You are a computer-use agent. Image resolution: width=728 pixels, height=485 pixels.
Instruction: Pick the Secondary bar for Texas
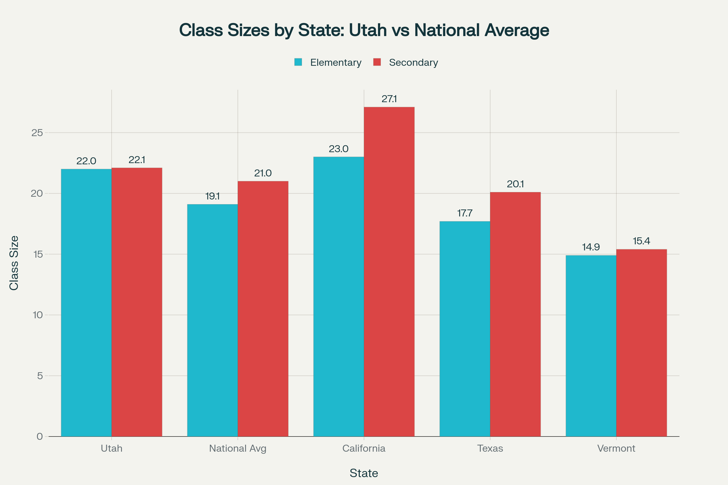click(515, 314)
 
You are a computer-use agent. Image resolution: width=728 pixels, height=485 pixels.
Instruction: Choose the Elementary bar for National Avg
click(212, 320)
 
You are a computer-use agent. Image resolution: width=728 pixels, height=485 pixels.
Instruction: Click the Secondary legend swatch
click(377, 62)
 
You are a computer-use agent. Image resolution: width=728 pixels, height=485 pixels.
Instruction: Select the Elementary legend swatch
click(298, 62)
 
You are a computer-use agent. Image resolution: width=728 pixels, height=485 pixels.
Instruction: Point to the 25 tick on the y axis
click(37, 133)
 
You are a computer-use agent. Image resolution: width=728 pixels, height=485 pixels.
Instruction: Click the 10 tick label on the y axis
click(37, 315)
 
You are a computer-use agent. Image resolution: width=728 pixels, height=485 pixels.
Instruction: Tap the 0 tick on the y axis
click(40, 436)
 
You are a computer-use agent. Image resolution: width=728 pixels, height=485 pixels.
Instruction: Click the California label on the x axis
click(364, 448)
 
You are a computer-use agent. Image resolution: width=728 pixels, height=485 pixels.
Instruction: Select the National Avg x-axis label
click(238, 448)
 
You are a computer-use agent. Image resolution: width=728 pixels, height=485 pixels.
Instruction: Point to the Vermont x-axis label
click(616, 448)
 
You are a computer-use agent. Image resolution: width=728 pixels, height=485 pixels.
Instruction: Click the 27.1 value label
click(389, 99)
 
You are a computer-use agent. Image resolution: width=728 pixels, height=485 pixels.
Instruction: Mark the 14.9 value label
click(591, 247)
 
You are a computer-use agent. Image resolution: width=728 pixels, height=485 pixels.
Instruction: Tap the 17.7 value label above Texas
click(465, 213)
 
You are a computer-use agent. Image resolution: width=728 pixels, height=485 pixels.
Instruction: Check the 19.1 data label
click(212, 196)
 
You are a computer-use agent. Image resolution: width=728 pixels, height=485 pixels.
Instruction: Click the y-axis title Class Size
click(14, 263)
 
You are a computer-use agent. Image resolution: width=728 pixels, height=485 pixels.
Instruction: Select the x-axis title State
click(364, 473)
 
